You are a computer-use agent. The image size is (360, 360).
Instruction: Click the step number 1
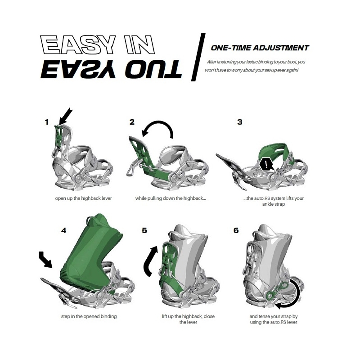tap(47, 122)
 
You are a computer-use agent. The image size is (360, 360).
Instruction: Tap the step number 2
tap(132, 122)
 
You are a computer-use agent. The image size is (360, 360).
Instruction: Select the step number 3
tap(240, 122)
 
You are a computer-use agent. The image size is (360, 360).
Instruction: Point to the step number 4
tap(64, 230)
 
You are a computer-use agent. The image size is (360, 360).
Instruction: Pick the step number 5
tap(144, 230)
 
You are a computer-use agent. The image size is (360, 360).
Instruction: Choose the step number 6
tap(236, 230)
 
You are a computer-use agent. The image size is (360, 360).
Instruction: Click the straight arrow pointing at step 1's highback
tap(65, 117)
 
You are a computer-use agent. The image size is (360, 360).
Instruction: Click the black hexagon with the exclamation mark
tap(266, 164)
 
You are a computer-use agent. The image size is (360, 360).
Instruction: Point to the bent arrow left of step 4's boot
tap(45, 260)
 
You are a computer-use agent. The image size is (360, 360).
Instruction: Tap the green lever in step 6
tap(277, 291)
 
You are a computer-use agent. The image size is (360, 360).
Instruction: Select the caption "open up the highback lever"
tap(83, 198)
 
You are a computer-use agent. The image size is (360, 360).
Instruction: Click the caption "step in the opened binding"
tap(89, 316)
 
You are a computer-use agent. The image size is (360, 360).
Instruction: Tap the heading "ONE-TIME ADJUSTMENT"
tap(260, 48)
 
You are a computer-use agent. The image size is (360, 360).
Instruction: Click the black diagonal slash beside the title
tap(198, 57)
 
